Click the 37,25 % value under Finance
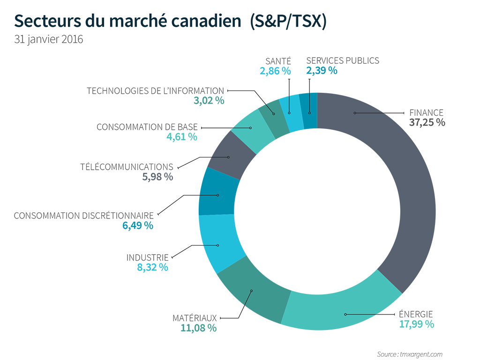426,122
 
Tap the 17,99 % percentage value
416,324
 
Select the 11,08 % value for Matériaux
198,328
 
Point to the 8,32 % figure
152,267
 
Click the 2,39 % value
322,71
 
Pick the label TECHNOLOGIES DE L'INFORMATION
156,90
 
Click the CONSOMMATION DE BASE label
147,127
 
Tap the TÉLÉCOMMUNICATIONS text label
127,167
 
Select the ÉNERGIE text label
416,314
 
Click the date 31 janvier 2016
49,39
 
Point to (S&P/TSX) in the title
288,21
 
